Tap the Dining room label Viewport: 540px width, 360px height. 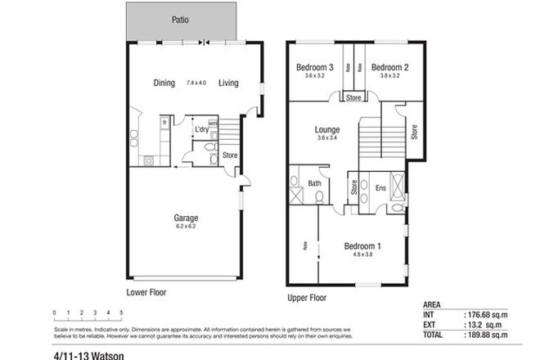[x=164, y=82]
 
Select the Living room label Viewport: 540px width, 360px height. [x=228, y=82]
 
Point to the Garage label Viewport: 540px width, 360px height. [x=186, y=218]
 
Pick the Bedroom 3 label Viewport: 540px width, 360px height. [x=314, y=67]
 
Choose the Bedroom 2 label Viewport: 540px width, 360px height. [x=388, y=67]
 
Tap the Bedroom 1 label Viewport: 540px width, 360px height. [x=362, y=245]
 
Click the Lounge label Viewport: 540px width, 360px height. [x=327, y=129]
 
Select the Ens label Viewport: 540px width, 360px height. [x=380, y=188]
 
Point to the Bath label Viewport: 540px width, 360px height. [x=314, y=183]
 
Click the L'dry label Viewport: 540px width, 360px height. [x=200, y=129]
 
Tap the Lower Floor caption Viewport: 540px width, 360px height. [x=146, y=291]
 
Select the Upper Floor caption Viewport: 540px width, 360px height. [x=307, y=298]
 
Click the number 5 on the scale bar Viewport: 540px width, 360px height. [x=121, y=313]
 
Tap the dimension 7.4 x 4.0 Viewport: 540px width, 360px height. [x=197, y=83]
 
